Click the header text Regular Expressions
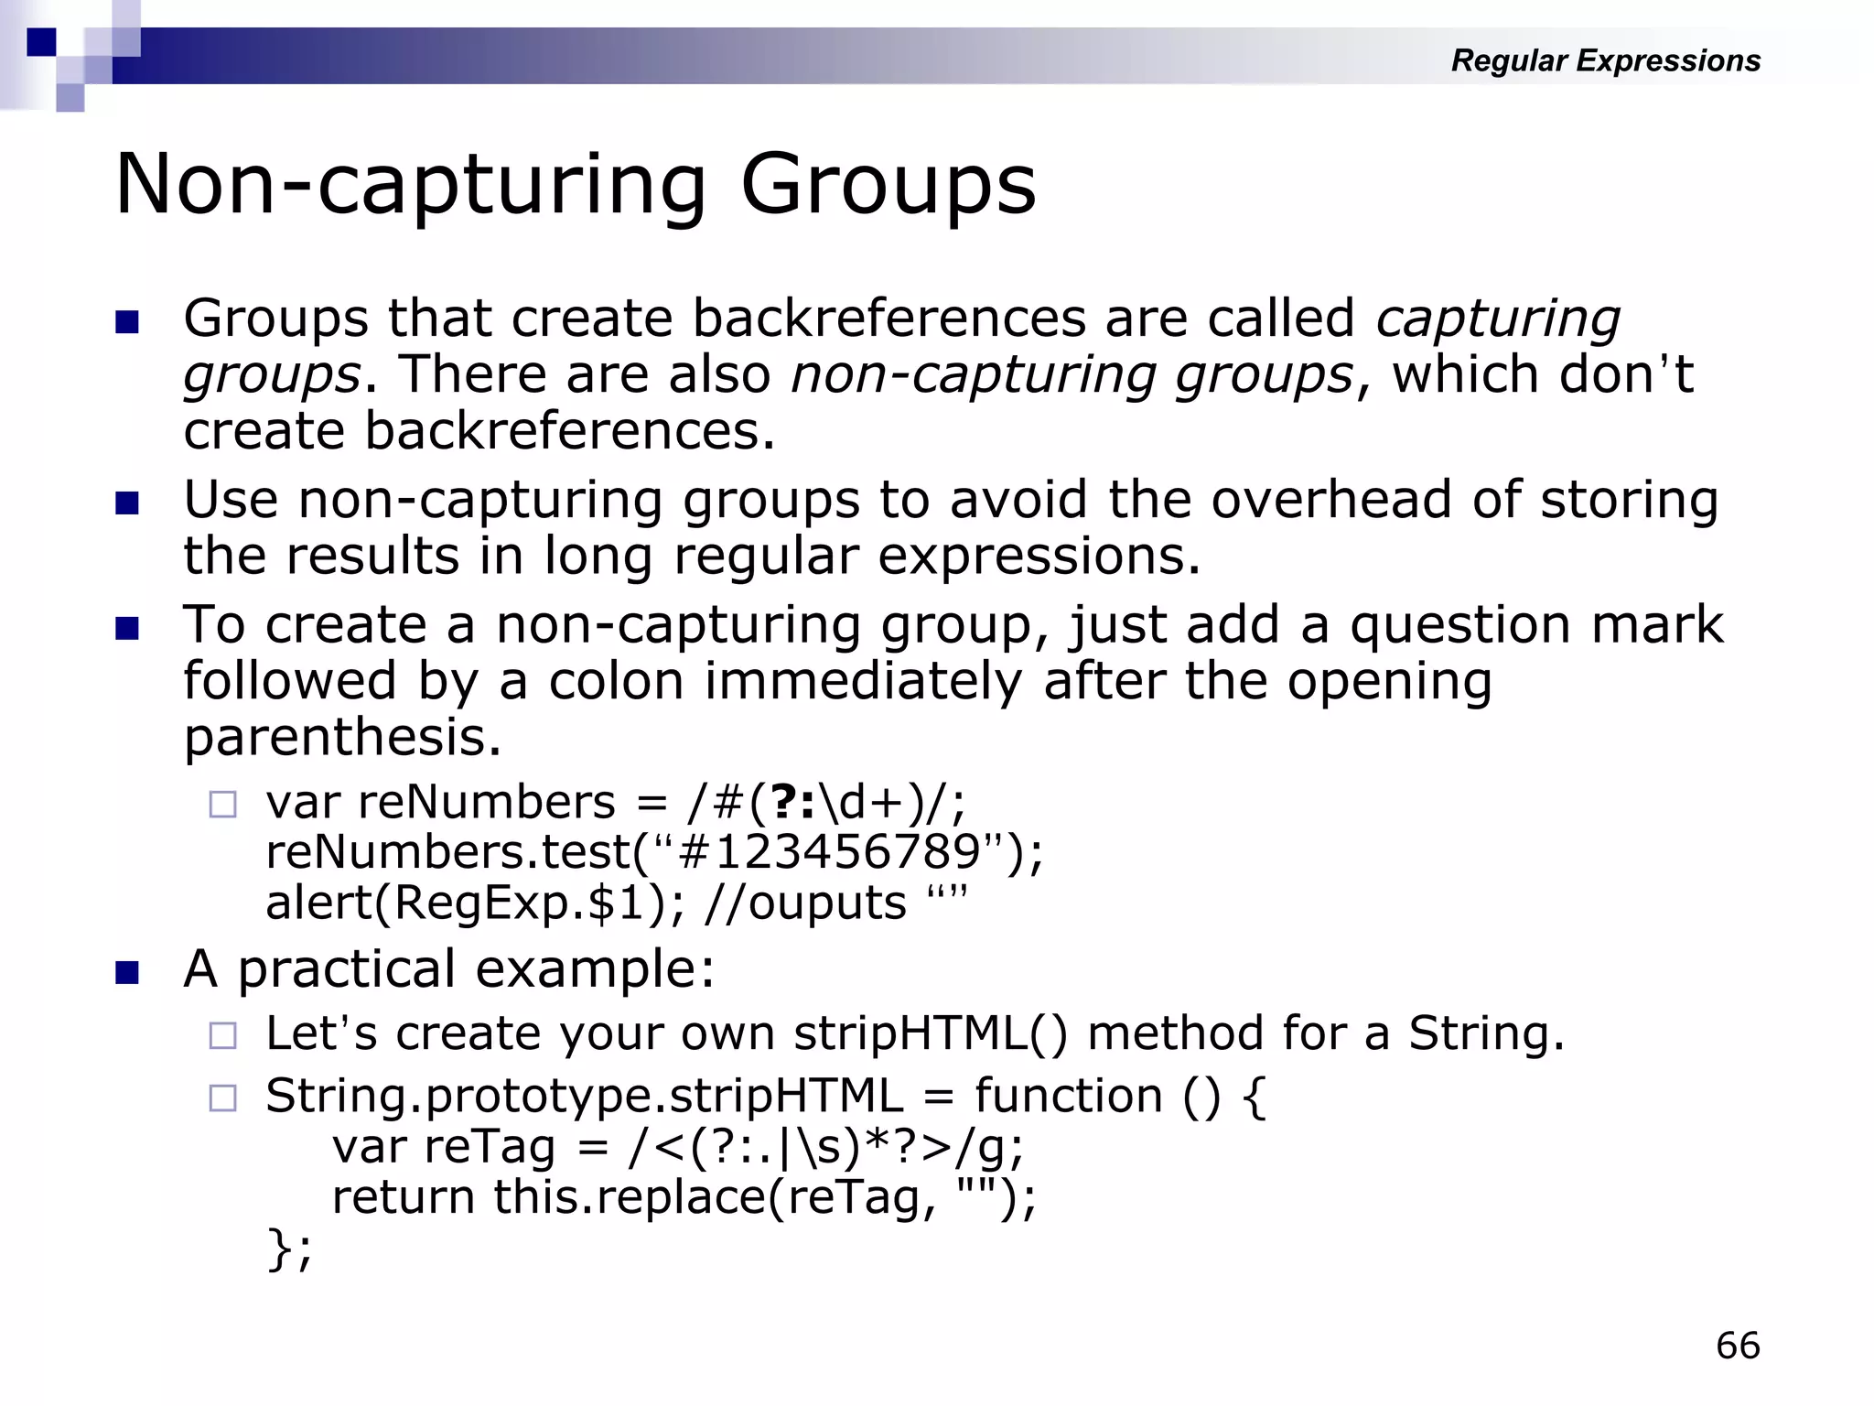click(x=1605, y=60)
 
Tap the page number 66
click(x=1738, y=1346)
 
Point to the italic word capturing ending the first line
click(x=1498, y=319)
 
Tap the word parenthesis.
click(x=342, y=738)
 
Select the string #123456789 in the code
click(x=831, y=853)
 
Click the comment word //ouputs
click(x=806, y=903)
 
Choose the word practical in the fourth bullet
click(x=347, y=969)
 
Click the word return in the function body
click(x=404, y=1197)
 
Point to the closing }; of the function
click(x=289, y=1249)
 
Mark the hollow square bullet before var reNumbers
click(x=222, y=805)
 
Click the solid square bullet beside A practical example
click(x=127, y=972)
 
